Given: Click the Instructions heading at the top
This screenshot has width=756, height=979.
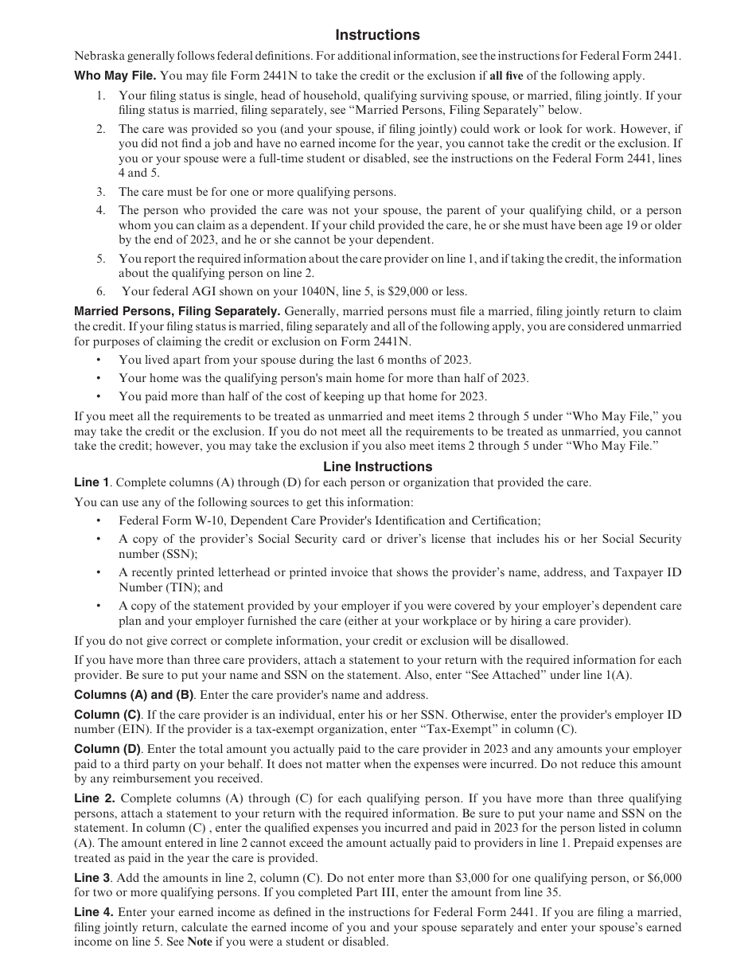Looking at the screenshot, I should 377,35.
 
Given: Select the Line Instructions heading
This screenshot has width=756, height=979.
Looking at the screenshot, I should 377,467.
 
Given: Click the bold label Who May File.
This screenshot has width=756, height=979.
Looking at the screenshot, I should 115,76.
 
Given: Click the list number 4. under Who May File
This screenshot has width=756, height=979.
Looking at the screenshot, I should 101,211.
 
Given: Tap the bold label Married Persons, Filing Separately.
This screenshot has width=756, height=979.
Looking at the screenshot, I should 177,311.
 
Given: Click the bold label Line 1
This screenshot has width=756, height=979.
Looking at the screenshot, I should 92,482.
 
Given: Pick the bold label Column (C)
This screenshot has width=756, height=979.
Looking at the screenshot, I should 107,715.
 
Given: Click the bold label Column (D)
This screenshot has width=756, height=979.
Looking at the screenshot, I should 107,749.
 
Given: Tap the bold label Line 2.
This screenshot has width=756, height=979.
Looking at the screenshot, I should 94,798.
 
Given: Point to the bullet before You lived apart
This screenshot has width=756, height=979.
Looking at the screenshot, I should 98,360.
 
